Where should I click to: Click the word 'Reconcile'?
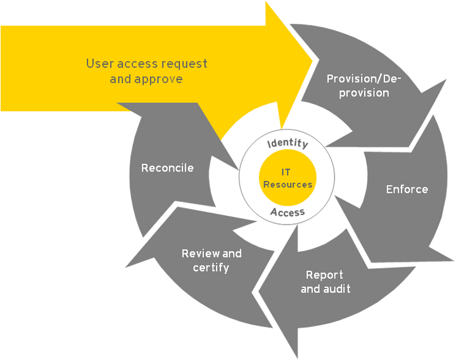click(x=167, y=168)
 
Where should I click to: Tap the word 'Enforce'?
click(x=407, y=189)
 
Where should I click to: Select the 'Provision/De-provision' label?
click(x=364, y=85)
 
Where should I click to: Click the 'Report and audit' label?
click(x=325, y=282)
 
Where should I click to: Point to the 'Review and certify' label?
click(x=212, y=260)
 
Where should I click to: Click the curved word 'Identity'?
click(x=287, y=144)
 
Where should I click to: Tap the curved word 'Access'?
click(x=288, y=211)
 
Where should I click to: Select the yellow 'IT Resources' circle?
click(x=288, y=178)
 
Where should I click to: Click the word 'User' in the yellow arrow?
click(x=99, y=64)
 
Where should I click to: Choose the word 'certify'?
click(x=212, y=267)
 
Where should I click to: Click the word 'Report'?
click(x=324, y=275)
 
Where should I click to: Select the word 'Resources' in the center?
click(x=288, y=185)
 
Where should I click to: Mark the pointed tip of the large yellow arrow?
click(x=314, y=61)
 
